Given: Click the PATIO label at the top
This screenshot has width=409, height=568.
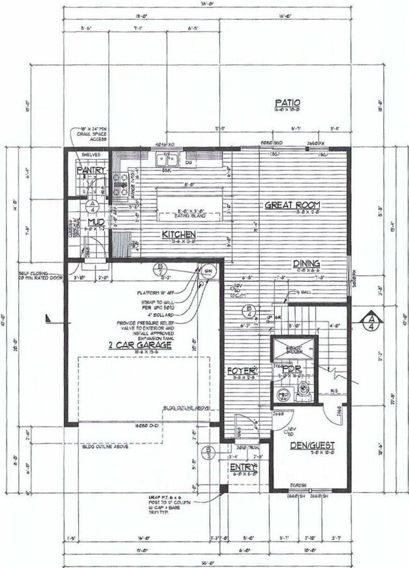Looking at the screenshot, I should (287, 103).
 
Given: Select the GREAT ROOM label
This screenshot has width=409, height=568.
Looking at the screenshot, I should (292, 205).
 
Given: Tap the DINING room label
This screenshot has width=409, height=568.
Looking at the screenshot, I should (306, 263).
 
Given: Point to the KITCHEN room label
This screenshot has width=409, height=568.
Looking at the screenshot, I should (163, 234).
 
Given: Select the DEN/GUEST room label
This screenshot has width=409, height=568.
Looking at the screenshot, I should (312, 445).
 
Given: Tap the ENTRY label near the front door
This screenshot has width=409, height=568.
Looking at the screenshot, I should (244, 467).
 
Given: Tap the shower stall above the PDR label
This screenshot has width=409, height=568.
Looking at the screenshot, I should (294, 349).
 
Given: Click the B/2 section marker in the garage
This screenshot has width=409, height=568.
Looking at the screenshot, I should (161, 270).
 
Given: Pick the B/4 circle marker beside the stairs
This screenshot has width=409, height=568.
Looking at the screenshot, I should (250, 310).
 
